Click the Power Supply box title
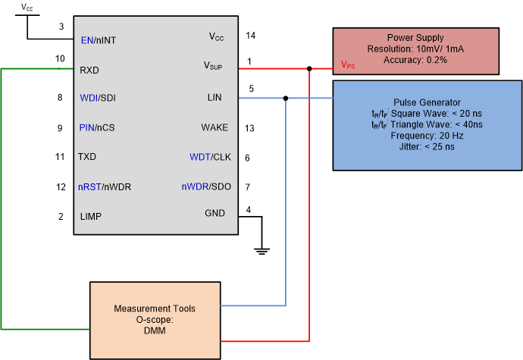[x=415, y=38]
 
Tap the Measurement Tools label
[x=155, y=308]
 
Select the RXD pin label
[x=89, y=70]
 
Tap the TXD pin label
[x=88, y=157]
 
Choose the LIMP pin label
[x=90, y=216]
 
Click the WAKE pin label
[x=214, y=127]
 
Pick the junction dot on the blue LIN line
[x=285, y=98]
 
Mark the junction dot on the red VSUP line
[x=309, y=68]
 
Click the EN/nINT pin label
[x=99, y=40]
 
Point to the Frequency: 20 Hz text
[x=427, y=136]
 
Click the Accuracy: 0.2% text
[x=415, y=59]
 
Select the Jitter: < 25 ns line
[x=427, y=147]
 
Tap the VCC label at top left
[x=27, y=8]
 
